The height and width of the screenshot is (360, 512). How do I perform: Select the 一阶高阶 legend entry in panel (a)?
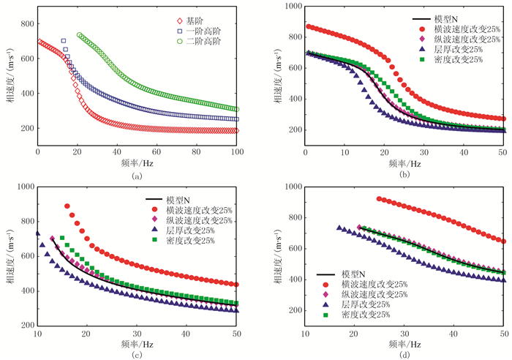click(200, 31)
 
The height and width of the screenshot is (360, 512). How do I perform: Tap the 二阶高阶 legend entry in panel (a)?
click(200, 42)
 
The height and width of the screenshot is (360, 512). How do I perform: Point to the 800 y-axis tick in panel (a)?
click(27, 23)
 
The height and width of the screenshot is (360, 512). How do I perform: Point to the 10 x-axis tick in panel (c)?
click(37, 334)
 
